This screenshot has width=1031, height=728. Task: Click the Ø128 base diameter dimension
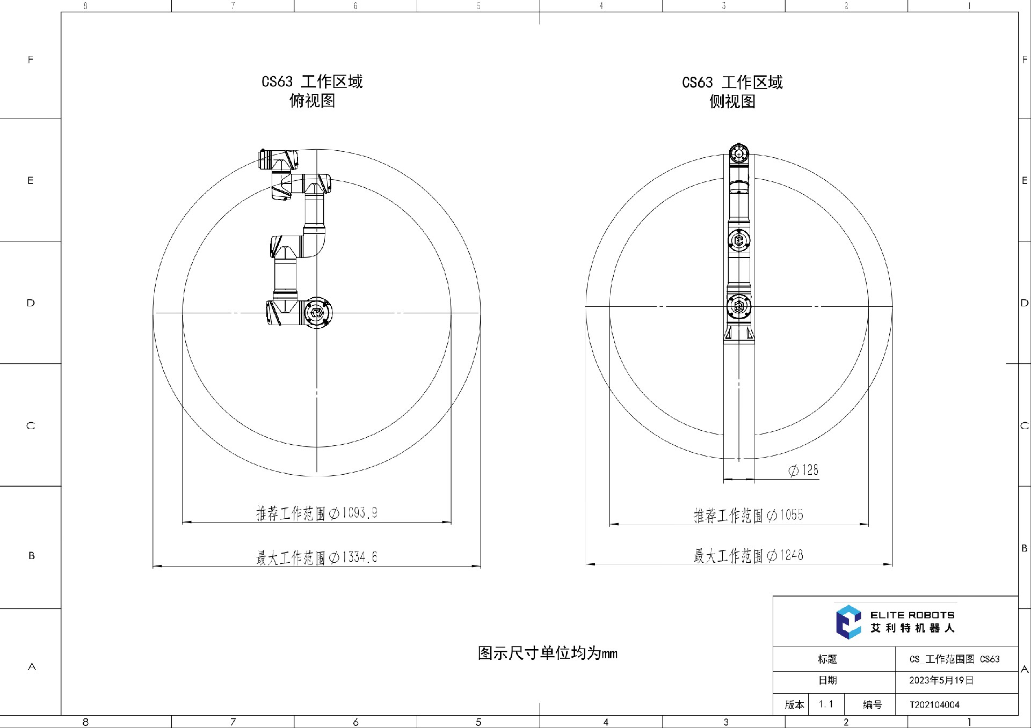(803, 470)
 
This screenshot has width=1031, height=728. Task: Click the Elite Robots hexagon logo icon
(848, 622)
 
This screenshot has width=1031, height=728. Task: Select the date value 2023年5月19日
(941, 680)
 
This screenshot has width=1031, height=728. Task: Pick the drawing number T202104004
(934, 705)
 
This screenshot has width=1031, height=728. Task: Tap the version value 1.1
(826, 704)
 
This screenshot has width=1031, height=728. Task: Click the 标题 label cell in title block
(827, 659)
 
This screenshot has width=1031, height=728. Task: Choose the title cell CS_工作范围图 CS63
(955, 659)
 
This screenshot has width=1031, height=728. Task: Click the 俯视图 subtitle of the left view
(312, 100)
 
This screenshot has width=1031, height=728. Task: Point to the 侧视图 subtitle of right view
(732, 101)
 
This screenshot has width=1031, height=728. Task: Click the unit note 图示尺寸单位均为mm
(548, 653)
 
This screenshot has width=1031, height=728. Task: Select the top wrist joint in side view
(739, 154)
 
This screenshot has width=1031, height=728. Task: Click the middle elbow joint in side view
(739, 240)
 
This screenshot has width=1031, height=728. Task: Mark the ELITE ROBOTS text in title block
(912, 615)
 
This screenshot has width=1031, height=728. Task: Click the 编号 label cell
(872, 704)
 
